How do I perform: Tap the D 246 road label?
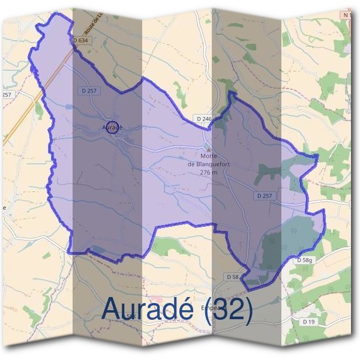204,119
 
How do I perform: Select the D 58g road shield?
305,260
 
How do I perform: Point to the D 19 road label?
308,322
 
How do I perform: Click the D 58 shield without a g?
233,276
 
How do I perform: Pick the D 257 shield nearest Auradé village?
88,90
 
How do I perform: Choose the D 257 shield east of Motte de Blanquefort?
265,196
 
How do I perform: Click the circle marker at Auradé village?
112,127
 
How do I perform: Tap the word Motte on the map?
208,157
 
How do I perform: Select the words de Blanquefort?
208,164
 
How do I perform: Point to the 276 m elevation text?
208,172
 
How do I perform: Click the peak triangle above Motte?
208,148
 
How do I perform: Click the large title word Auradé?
148,309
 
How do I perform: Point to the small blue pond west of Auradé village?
69,106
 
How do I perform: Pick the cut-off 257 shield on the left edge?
7,95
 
